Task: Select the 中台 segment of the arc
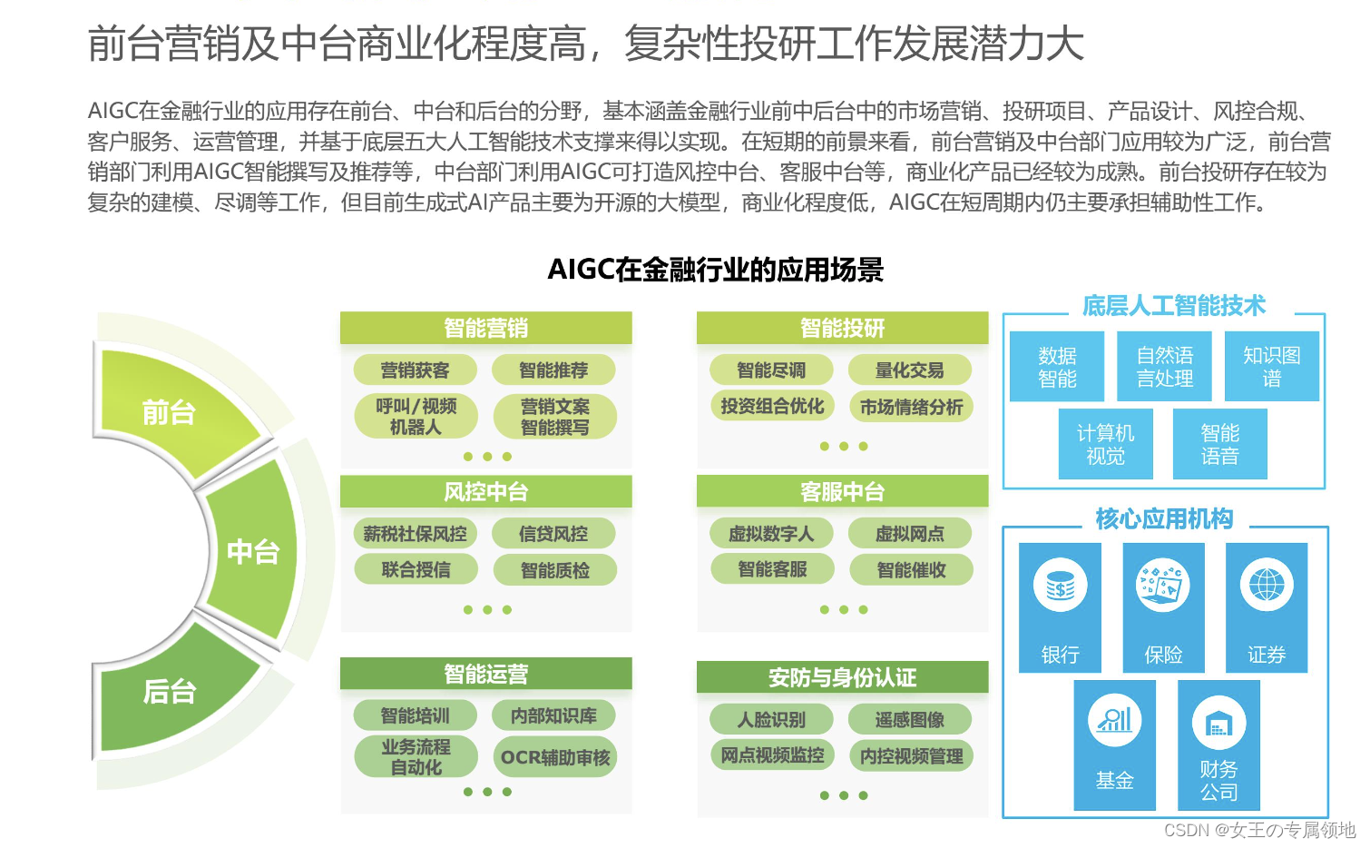[x=253, y=551]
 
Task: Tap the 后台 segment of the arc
[x=170, y=692]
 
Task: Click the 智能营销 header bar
[x=485, y=328]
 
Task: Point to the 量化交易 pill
[x=909, y=370]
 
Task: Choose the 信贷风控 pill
[x=553, y=534]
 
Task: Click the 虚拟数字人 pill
[x=771, y=534]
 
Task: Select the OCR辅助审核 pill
[x=555, y=757]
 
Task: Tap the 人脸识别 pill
[x=771, y=720]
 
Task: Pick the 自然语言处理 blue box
[x=1165, y=367]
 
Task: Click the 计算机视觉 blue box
[x=1105, y=444]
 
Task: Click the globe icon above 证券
[x=1267, y=586]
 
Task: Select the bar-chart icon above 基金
[x=1114, y=721]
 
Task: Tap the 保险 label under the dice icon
[x=1163, y=655]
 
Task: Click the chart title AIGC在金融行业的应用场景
[x=715, y=270]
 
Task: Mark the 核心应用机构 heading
[x=1164, y=518]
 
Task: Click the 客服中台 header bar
[x=842, y=491]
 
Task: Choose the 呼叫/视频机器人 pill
[x=416, y=416]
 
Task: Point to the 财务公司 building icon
[x=1218, y=724]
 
